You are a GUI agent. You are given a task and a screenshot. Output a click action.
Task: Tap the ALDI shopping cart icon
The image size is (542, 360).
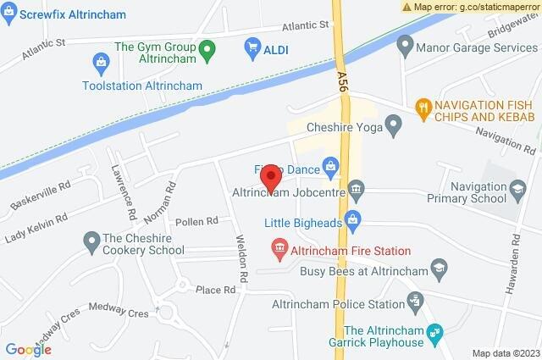pos(252,49)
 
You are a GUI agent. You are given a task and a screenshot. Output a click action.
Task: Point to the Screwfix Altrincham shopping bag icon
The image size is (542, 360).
pos(9,14)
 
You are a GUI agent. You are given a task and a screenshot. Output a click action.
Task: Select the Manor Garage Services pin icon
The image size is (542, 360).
pos(406,42)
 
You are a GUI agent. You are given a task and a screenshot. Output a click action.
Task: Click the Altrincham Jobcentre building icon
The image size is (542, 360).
pos(356,187)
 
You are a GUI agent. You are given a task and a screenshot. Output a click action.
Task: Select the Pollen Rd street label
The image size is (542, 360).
pos(196,221)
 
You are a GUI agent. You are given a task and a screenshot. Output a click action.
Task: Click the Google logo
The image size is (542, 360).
pos(29,349)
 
